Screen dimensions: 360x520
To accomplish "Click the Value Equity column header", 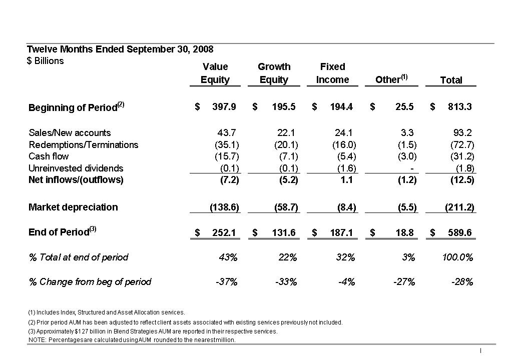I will [x=215, y=73].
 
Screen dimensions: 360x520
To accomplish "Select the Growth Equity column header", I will [x=274, y=73].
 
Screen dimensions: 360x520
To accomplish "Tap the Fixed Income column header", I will [x=333, y=73].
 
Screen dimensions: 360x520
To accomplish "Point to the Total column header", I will [x=451, y=80].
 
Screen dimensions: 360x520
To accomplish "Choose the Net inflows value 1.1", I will [x=346, y=180].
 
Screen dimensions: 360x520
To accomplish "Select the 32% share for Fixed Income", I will [x=345, y=257].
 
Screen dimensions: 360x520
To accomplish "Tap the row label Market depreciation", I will [x=73, y=207].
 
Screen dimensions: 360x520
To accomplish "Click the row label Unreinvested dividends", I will [x=76, y=168].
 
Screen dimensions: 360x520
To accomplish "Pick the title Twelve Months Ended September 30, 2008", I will [x=120, y=49].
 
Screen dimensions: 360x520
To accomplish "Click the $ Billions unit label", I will [x=45, y=61].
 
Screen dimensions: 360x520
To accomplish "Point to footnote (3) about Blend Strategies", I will [x=153, y=331].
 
